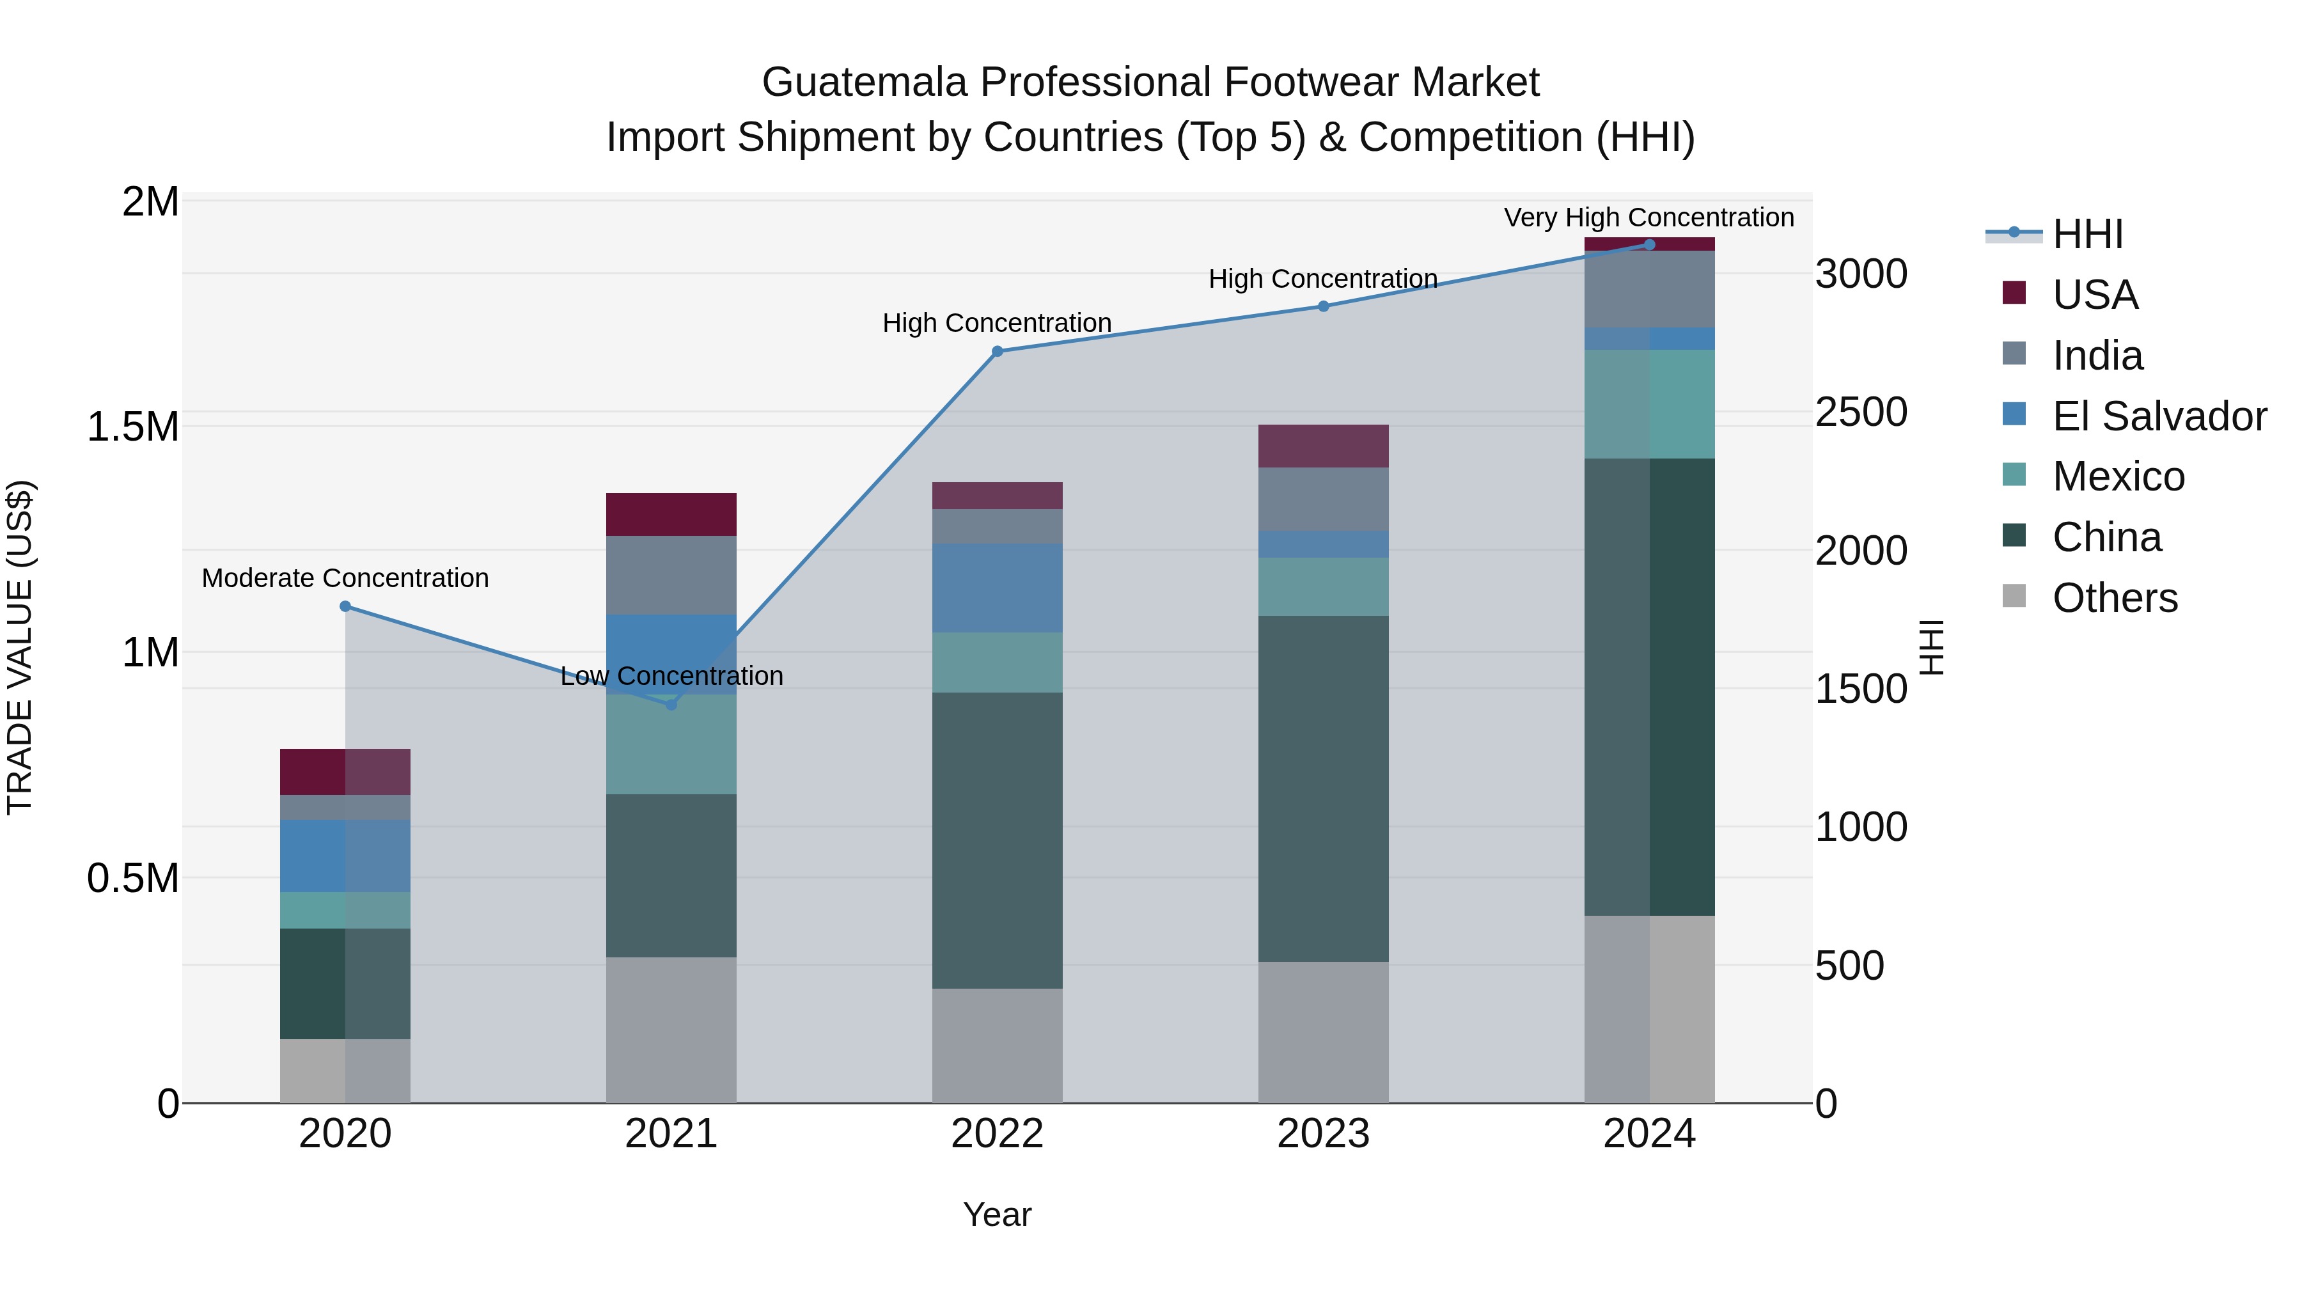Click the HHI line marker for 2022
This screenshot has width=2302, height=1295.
click(x=998, y=351)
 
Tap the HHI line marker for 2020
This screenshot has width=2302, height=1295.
click(x=345, y=606)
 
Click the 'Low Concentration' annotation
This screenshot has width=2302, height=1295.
click(x=671, y=676)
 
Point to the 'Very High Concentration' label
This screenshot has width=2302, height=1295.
click(x=1648, y=217)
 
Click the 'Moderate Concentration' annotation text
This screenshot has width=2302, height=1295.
click(x=345, y=578)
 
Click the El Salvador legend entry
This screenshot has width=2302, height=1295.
click(x=2158, y=416)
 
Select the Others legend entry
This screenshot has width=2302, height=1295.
click(x=2115, y=597)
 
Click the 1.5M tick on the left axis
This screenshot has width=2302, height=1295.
click(x=132, y=427)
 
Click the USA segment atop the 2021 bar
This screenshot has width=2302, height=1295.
click(x=671, y=514)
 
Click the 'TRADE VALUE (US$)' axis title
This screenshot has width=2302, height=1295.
click(x=20, y=647)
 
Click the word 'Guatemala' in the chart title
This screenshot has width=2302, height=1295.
click(x=864, y=82)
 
